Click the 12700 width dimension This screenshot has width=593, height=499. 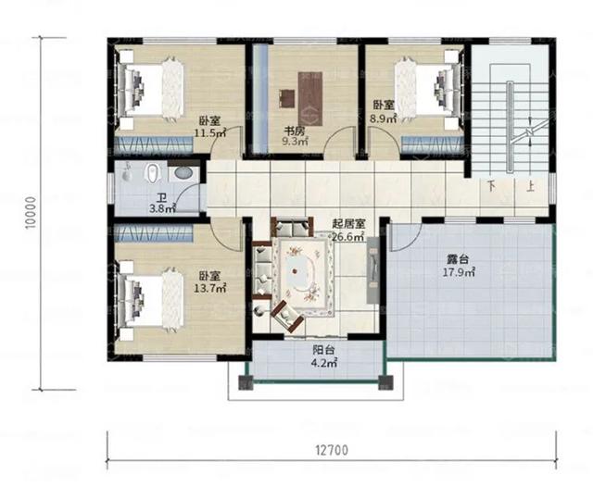point(330,451)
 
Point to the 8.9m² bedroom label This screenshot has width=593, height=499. point(384,113)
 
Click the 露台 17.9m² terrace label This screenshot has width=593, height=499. point(460,268)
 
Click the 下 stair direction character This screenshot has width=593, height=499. point(492,185)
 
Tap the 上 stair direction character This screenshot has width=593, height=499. point(529,185)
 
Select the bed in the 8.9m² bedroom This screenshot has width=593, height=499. point(429,83)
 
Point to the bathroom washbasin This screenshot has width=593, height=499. point(183,173)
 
